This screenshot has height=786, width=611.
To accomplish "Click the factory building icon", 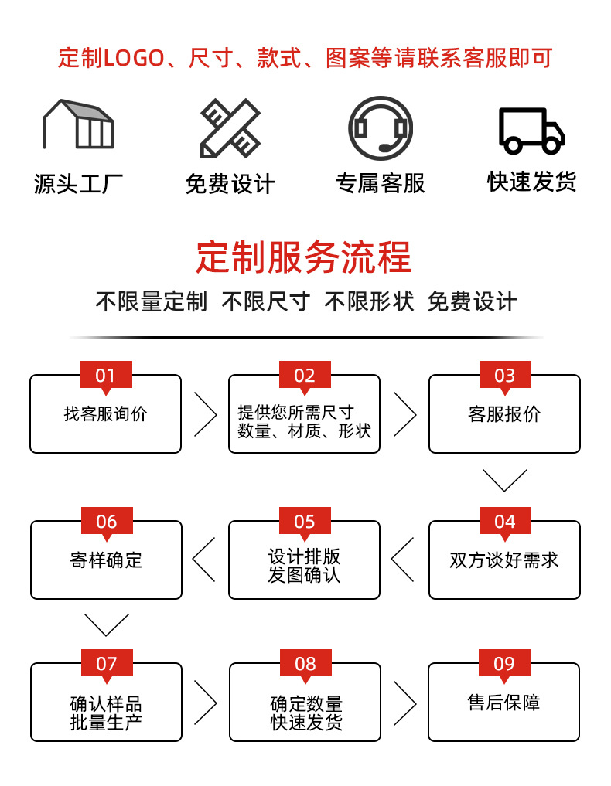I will point(78,124).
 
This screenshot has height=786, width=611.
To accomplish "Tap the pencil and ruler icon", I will point(230,128).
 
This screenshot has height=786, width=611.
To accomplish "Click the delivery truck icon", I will point(531,130).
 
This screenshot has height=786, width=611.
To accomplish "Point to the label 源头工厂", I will point(78,184).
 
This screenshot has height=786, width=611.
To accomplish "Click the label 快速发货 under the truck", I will point(531,182).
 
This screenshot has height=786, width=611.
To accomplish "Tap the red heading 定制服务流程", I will point(304,257).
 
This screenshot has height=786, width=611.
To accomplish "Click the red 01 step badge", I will point(106,376).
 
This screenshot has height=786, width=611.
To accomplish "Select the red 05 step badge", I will point(305,522).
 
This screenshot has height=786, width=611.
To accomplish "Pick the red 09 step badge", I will point(504,664).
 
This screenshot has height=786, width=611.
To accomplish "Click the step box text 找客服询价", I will point(105,414).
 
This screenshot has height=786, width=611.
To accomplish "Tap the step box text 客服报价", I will point(504,414).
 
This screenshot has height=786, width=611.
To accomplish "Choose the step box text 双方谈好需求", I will point(504,560).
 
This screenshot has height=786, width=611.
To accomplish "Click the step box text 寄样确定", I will point(106,560).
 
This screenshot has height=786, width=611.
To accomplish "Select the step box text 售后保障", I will point(503,703).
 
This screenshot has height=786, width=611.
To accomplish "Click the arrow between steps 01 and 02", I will point(205,413).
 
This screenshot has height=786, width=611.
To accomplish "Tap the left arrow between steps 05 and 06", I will point(204,559).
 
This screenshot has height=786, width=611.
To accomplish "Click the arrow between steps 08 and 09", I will point(404,703).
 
